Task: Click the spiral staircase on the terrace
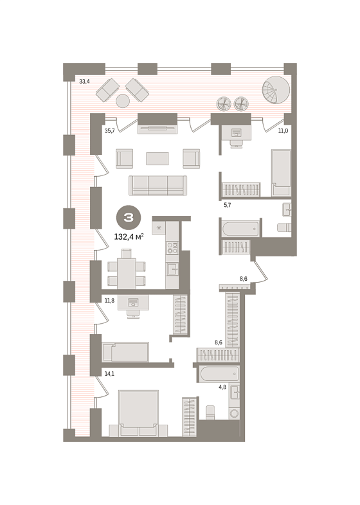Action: (276, 90)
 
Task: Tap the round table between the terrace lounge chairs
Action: (123, 101)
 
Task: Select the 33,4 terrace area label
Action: (84, 82)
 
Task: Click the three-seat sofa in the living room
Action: (157, 186)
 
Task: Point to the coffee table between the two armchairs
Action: (157, 159)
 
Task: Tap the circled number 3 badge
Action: (129, 218)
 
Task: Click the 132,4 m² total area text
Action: (129, 236)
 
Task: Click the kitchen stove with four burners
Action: (172, 247)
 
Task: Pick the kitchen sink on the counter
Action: (172, 269)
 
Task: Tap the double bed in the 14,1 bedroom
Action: (139, 413)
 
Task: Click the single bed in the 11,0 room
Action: (281, 173)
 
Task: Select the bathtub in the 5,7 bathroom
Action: (240, 228)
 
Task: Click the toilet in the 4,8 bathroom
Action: (210, 412)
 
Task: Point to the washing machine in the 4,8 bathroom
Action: (234, 413)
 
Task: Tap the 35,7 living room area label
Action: (109, 131)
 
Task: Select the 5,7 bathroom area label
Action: (228, 205)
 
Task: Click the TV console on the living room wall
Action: (157, 129)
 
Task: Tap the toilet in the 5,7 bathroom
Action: (284, 227)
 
